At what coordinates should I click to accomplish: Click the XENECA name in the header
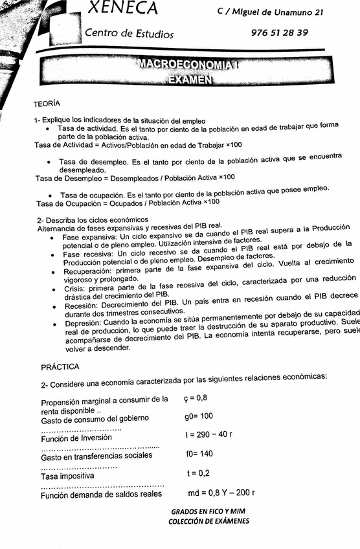123,8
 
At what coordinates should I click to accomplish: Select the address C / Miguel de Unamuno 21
271,13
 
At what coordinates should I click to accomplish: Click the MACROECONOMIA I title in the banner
188,65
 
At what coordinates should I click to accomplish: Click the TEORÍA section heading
47,104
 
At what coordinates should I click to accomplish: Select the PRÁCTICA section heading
60,367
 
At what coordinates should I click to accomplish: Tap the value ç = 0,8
196,398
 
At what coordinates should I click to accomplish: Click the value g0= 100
199,416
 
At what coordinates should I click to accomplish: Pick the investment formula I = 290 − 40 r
208,434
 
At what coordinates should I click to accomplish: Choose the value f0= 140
199,454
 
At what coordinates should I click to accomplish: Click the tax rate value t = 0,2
197,473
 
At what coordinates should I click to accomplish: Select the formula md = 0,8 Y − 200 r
219,493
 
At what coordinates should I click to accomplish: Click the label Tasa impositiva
67,476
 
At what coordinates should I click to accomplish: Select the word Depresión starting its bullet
81,322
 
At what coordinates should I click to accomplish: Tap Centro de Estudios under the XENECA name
129,33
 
